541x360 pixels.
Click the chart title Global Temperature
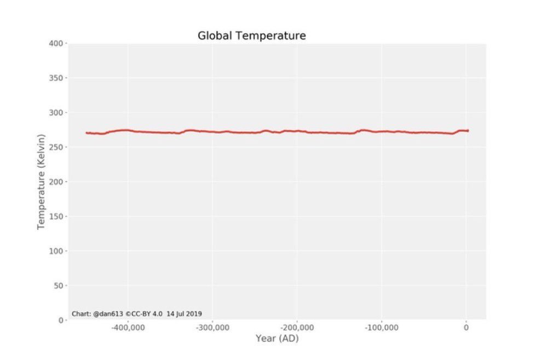coord(251,36)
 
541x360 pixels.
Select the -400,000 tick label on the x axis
coord(128,328)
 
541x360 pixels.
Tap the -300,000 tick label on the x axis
coord(212,328)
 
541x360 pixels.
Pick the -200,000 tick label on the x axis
coord(297,328)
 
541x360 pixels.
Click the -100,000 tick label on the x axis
coord(381,328)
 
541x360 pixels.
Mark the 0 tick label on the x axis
coord(466,328)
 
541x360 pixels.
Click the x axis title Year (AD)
coord(277,339)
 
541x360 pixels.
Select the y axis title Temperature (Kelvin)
coord(41,181)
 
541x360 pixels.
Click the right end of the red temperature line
coord(468,130)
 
